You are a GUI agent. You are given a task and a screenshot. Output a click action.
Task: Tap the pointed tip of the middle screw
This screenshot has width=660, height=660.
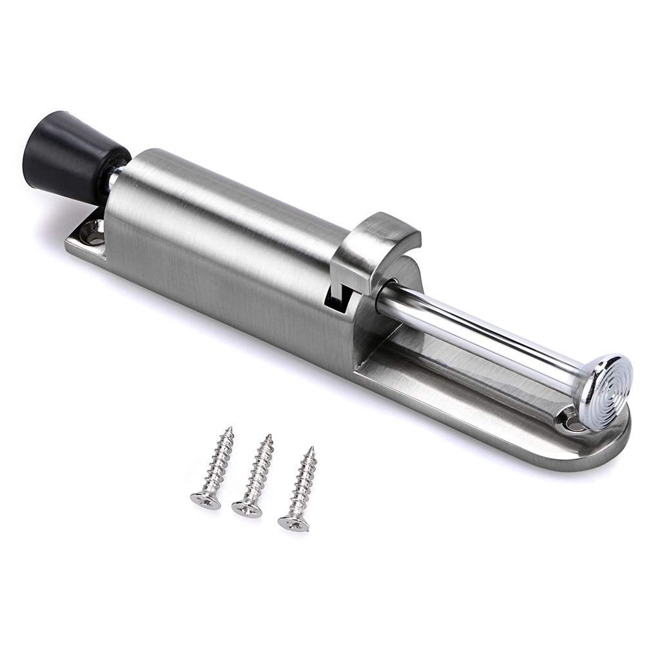point(269,436)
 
